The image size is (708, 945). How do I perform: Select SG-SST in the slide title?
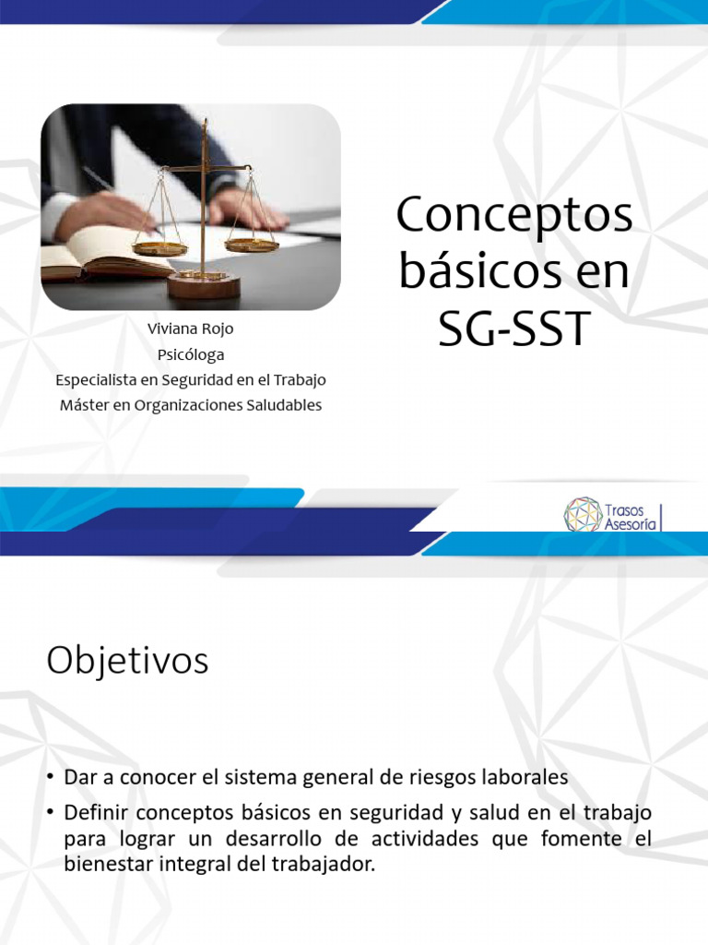point(513,329)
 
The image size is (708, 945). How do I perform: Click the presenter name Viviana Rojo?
point(191,329)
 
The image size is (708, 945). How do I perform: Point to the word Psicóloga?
point(191,354)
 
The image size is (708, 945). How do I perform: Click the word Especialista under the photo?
point(99,379)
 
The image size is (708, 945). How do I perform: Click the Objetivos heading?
point(127,662)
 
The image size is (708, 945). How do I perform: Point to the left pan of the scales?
point(159,247)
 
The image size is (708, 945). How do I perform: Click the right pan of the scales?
point(251,245)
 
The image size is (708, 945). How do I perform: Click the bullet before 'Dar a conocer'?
point(52,778)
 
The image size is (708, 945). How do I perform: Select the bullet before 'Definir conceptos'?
point(52,813)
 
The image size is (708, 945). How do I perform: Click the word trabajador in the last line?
point(319,867)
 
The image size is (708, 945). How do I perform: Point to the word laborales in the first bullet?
point(524,777)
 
